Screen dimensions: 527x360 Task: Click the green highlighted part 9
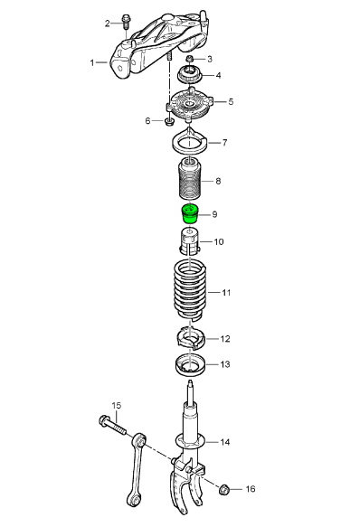[189, 214]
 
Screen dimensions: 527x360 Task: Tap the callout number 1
[92, 62]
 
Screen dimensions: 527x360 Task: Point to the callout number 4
[217, 76]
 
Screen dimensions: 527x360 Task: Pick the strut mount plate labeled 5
[190, 107]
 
